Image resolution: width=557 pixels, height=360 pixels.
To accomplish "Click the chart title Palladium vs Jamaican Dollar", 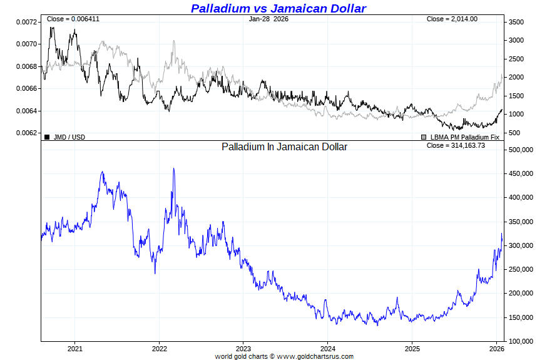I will (278, 8).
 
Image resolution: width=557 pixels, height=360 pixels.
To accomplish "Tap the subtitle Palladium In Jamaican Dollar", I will (284, 147).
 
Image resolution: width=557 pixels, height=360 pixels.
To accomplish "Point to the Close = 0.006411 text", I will (73, 19).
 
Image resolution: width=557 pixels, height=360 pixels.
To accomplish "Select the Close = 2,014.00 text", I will (452, 19).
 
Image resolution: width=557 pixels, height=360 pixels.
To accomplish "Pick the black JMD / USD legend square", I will (47, 136).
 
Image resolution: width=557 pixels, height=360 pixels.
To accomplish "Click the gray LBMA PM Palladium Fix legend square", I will (424, 136).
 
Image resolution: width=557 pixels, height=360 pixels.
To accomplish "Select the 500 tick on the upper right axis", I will (513, 133).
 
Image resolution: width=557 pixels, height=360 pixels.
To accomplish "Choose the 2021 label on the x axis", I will (75, 348).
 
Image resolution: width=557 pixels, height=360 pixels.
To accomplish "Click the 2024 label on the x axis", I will (328, 348).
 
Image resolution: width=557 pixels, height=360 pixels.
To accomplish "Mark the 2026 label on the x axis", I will (496, 348).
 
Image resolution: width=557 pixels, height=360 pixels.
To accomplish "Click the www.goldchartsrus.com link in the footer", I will (315, 356).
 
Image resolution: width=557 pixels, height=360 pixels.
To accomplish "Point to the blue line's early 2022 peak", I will (173, 168).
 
